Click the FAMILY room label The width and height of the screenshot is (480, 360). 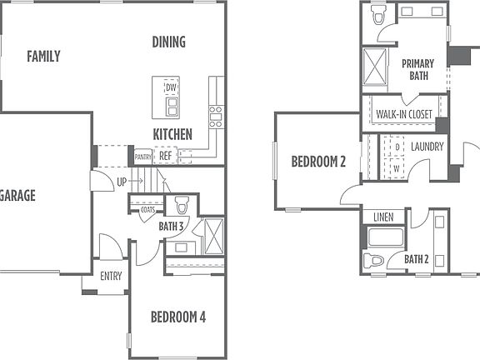click(x=43, y=57)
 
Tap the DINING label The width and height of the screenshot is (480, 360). click(x=168, y=42)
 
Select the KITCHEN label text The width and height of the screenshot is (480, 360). click(x=172, y=134)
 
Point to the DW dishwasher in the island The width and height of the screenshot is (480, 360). click(x=171, y=87)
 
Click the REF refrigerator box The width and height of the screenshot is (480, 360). click(x=166, y=155)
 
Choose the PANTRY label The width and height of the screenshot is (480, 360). click(x=143, y=156)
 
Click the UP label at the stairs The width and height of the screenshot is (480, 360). click(x=122, y=181)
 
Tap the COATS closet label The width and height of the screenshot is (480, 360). click(x=147, y=209)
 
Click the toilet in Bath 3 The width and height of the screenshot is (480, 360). click(x=182, y=205)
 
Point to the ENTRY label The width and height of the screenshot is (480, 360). click(x=111, y=276)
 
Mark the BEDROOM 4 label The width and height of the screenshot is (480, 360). click(x=177, y=317)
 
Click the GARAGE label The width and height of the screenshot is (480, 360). click(x=17, y=196)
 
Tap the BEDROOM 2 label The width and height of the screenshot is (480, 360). click(x=318, y=162)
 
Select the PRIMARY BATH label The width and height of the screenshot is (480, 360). click(x=417, y=69)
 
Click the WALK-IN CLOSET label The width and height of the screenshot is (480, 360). click(x=403, y=114)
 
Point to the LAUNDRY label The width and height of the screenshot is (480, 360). click(x=427, y=147)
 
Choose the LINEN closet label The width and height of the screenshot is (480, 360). click(x=383, y=217)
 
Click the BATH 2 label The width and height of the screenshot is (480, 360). click(x=417, y=259)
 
